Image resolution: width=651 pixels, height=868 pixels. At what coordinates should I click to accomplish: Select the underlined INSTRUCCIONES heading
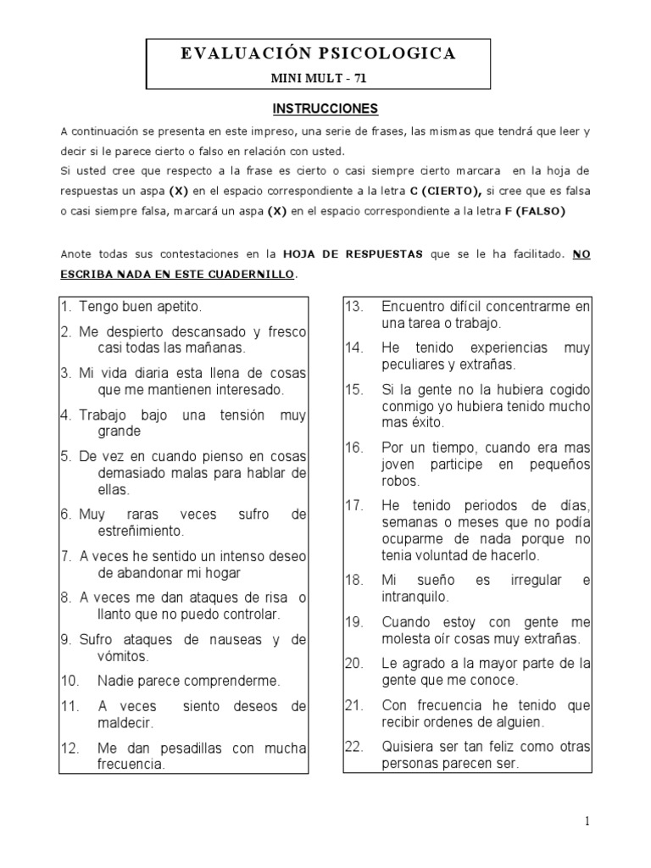(325, 109)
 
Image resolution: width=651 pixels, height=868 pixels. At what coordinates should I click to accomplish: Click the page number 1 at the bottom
(587, 821)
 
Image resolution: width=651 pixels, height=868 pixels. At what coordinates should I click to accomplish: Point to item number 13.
(354, 307)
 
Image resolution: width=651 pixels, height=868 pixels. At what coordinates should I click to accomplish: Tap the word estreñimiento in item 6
(142, 531)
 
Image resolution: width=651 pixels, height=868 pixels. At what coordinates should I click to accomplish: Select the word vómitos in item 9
(124, 656)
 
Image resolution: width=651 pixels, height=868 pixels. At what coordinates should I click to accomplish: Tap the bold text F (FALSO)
(534, 211)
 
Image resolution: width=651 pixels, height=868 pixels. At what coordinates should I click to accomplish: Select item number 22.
(354, 748)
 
